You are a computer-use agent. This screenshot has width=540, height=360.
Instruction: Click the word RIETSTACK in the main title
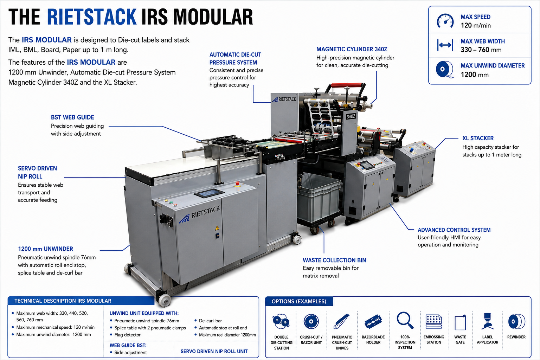coord(92,17)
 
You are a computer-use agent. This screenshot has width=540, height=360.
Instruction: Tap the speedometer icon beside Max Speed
coord(445,21)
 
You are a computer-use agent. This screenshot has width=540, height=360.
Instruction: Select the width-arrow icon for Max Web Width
coord(445,45)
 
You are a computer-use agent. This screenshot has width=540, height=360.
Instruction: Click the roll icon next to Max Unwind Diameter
coord(444,70)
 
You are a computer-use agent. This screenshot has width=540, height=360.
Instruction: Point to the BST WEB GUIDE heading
coord(72,117)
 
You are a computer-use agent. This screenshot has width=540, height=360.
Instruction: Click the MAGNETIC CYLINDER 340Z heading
coord(352,49)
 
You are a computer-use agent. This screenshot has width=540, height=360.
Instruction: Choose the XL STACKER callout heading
coord(478,138)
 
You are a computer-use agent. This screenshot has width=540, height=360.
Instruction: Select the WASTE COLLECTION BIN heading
coord(334,260)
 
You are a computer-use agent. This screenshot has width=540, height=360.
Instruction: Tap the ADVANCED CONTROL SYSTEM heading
coord(454,230)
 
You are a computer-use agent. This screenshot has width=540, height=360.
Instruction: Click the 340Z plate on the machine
coord(351,116)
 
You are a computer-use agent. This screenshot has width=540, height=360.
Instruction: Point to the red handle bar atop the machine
coord(347,85)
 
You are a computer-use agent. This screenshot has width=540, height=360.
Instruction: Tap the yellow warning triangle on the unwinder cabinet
coord(217,227)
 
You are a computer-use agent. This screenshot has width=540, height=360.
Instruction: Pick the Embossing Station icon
coord(434,321)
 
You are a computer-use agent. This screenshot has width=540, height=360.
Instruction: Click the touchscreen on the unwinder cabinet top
coord(209,193)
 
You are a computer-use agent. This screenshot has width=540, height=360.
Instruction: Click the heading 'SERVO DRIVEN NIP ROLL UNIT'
coord(214,351)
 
